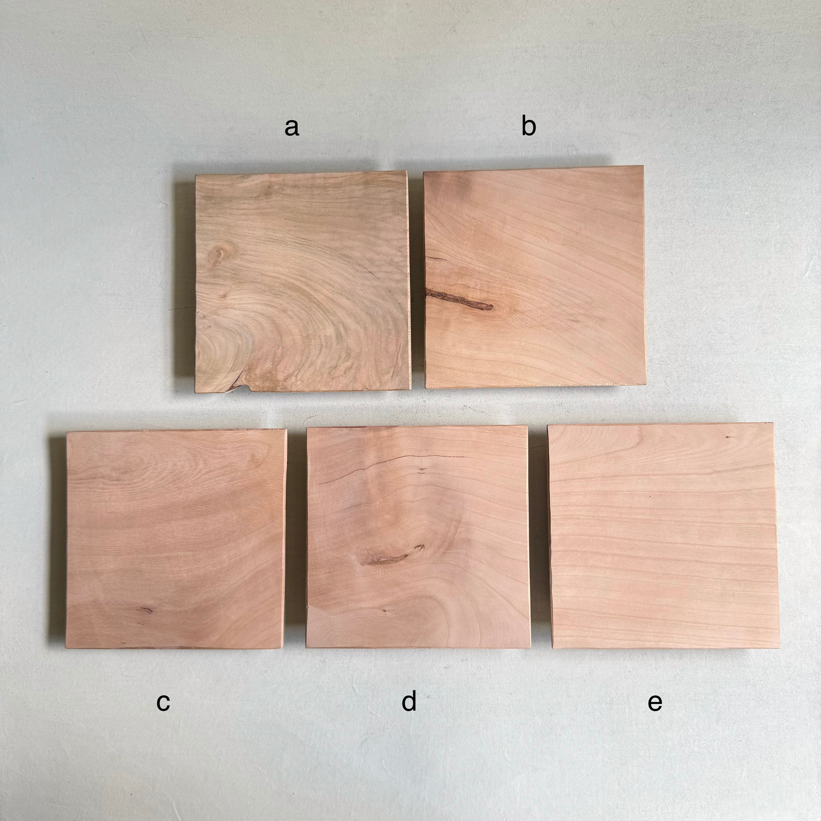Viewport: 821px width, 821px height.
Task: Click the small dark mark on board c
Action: [145, 610]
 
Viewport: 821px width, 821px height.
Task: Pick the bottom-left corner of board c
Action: [66, 660]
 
